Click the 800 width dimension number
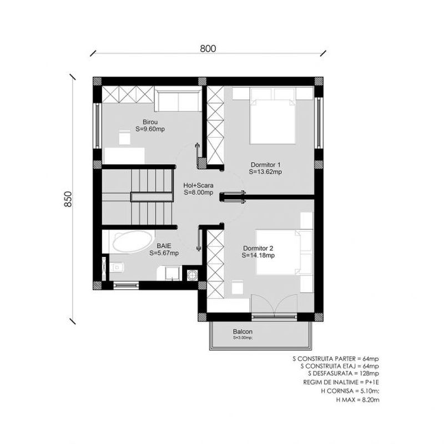pyautogui.click(x=208, y=49)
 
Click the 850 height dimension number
pyautogui.click(x=68, y=199)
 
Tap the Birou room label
pyautogui.click(x=150, y=122)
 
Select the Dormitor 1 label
pyautogui.click(x=265, y=164)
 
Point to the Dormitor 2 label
pyautogui.click(x=258, y=248)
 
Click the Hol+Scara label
pyautogui.click(x=198, y=185)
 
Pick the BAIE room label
pyautogui.click(x=164, y=246)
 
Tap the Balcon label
pyautogui.click(x=243, y=331)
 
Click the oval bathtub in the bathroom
pyautogui.click(x=132, y=242)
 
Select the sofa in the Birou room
pyautogui.click(x=178, y=100)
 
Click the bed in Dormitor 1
pyautogui.click(x=273, y=115)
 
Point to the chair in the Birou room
pyautogui.click(x=124, y=138)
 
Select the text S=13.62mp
pyautogui.click(x=265, y=172)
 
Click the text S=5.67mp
pyautogui.click(x=164, y=253)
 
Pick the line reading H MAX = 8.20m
pyautogui.click(x=357, y=400)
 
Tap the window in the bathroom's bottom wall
pyautogui.click(x=127, y=285)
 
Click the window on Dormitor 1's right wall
pyautogui.click(x=319, y=123)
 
